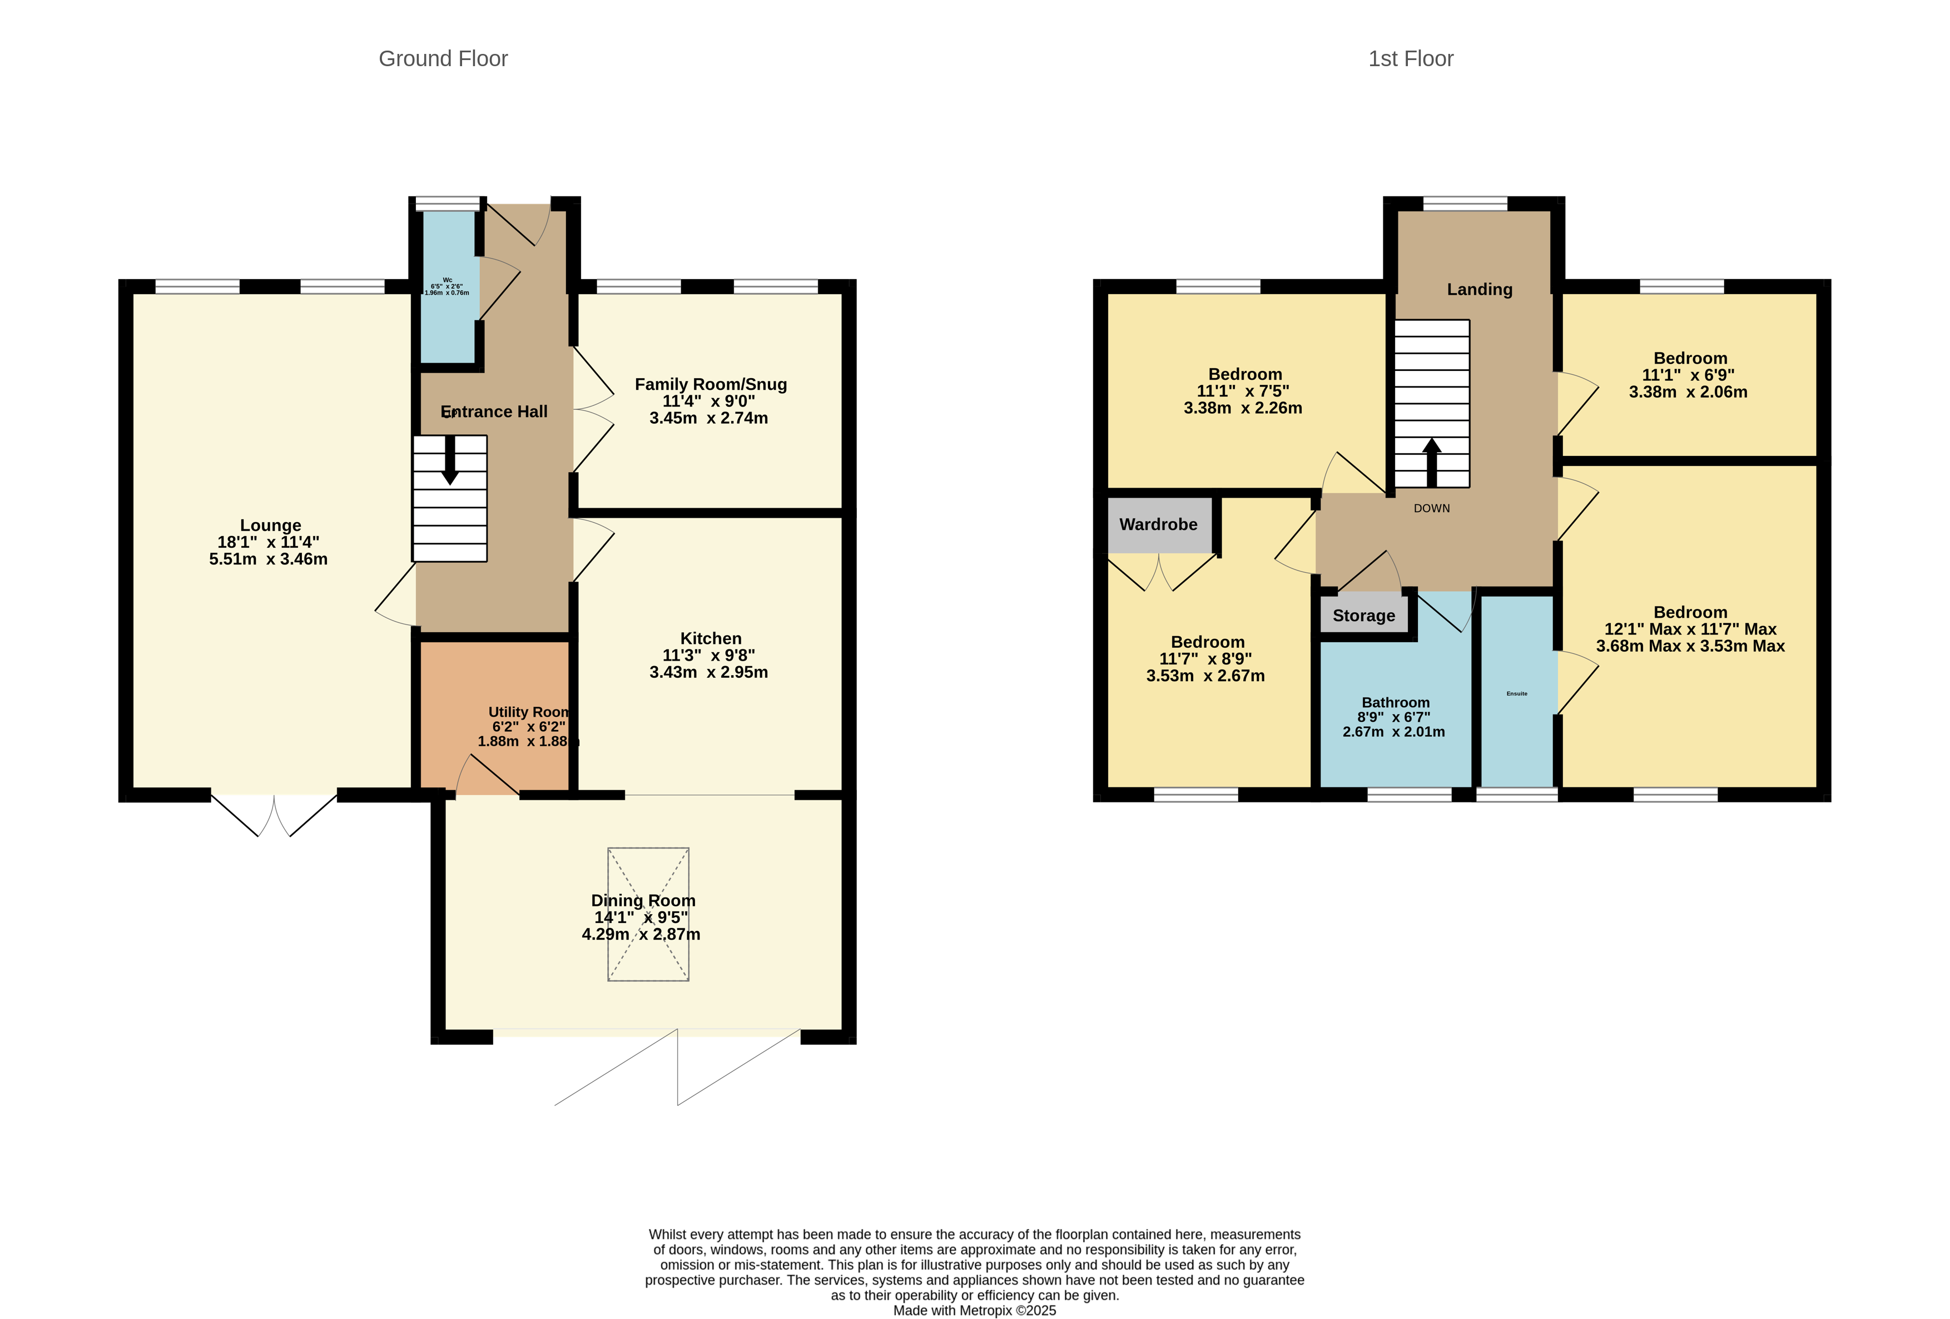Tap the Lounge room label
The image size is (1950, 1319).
pos(270,525)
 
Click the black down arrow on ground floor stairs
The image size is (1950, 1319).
pos(450,462)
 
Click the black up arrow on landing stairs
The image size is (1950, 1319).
pos(1431,462)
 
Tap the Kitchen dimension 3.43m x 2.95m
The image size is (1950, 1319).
pos(708,672)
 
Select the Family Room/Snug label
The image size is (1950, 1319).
pos(710,384)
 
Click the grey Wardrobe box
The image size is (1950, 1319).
pos(1159,524)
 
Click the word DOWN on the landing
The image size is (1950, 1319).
pos(1431,508)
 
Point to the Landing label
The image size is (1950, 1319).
pos(1479,290)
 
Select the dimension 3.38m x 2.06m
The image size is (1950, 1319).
pos(1688,392)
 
